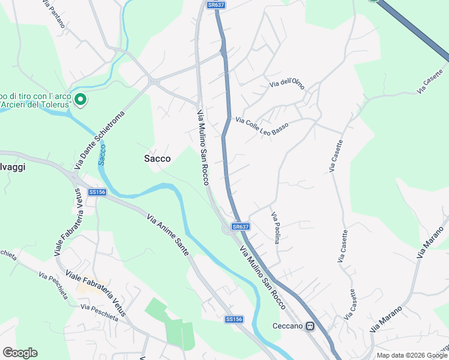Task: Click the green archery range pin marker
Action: click(x=80, y=100)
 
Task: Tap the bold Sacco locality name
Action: click(x=157, y=159)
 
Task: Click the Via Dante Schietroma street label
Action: click(x=99, y=143)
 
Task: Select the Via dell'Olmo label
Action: click(x=287, y=84)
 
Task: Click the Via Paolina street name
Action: click(x=276, y=228)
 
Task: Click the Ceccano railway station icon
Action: click(x=310, y=326)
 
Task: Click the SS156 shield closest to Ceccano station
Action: click(x=234, y=319)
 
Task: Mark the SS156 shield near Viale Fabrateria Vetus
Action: click(x=97, y=192)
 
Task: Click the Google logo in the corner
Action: click(x=20, y=353)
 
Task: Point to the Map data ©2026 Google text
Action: click(x=412, y=355)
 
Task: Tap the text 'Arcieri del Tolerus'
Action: click(x=37, y=104)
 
